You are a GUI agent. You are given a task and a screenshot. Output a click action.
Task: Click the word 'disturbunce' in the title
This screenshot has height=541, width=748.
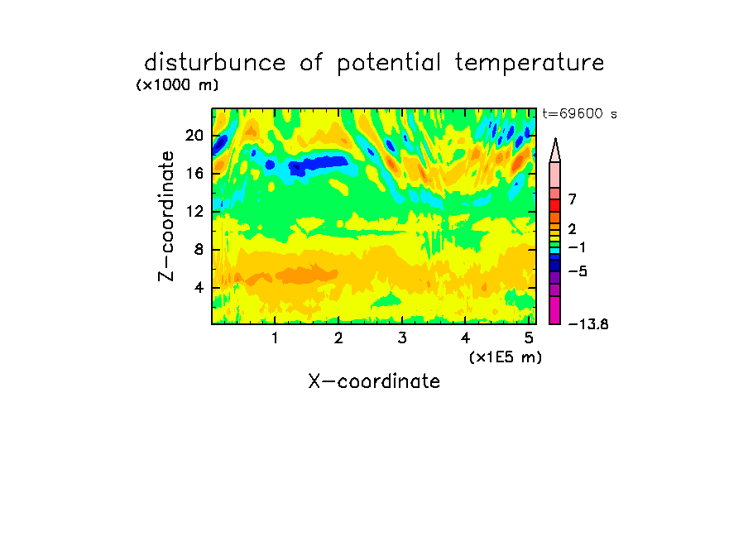click(214, 63)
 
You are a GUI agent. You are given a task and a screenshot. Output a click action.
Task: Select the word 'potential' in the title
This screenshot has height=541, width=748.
click(389, 64)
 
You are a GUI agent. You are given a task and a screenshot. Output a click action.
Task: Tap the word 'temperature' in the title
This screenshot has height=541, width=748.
click(530, 63)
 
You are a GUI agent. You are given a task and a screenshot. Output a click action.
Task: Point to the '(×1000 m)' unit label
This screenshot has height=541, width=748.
click(177, 85)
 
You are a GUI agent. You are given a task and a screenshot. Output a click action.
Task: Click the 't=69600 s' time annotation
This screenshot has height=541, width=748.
click(579, 114)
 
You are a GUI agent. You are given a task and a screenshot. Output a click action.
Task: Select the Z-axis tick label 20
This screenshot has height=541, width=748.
click(194, 136)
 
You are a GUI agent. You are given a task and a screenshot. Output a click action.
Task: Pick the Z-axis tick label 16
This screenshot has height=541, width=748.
click(194, 173)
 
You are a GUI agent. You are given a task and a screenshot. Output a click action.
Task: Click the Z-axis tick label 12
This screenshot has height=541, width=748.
click(194, 211)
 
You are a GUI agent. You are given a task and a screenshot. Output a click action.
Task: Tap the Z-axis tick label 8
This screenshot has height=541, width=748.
click(199, 250)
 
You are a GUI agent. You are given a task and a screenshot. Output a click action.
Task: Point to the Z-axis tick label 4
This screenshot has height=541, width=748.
click(199, 288)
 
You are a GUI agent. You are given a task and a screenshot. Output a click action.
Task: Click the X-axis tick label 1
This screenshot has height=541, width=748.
click(275, 338)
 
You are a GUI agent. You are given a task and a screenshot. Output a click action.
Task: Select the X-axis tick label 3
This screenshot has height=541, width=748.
click(402, 338)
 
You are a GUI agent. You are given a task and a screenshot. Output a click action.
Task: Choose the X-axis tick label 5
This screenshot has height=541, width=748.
click(529, 338)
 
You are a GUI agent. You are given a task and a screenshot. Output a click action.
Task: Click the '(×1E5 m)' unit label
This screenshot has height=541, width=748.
click(506, 357)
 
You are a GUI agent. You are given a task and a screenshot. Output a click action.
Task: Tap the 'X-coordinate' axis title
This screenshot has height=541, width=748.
click(374, 381)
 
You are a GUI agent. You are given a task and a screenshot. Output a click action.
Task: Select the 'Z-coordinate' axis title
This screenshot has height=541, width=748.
click(166, 216)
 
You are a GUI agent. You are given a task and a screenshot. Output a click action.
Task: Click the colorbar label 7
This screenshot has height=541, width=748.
click(573, 199)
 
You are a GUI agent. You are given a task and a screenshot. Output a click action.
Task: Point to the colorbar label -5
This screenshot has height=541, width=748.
click(578, 271)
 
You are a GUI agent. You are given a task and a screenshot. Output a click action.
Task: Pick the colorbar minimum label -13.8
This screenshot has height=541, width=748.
click(588, 324)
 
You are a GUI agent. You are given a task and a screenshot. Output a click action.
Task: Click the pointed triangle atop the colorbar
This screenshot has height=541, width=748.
click(555, 151)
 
